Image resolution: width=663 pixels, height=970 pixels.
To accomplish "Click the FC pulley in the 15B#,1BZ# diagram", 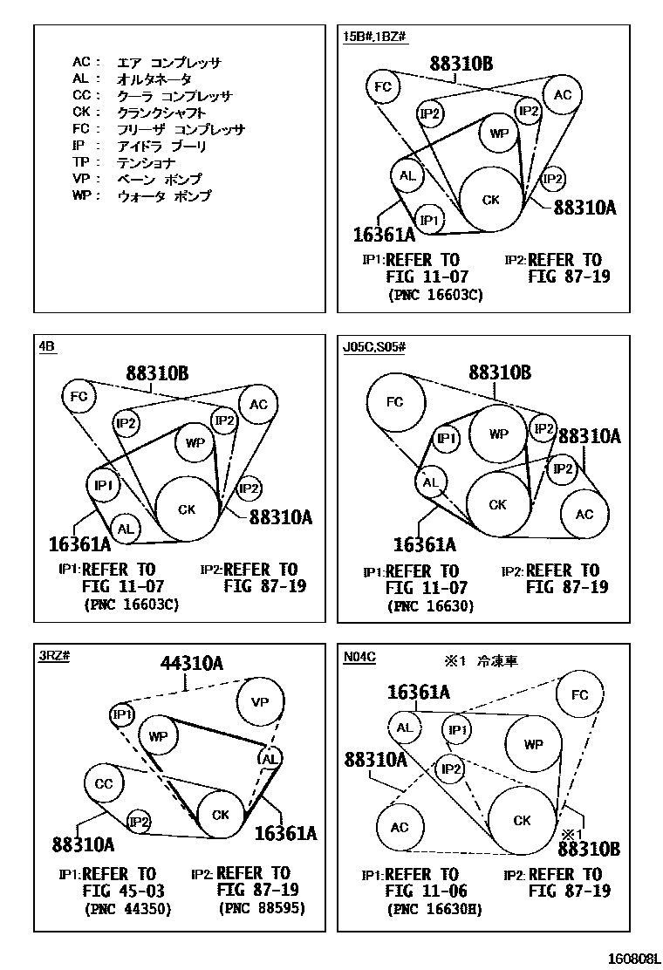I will click(382, 85).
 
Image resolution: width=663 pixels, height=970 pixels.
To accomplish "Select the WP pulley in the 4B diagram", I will click(195, 443).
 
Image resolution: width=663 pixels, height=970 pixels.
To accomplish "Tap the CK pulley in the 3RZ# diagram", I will click(220, 815).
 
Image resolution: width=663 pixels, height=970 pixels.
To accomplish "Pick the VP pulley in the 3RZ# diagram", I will click(260, 702).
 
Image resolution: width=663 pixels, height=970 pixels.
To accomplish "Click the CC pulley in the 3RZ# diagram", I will click(104, 784).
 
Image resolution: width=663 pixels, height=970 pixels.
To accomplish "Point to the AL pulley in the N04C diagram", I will click(404, 727).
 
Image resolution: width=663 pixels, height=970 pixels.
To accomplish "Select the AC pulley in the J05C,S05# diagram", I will click(584, 514).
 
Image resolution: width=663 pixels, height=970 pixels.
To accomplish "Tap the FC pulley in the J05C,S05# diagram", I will click(395, 402).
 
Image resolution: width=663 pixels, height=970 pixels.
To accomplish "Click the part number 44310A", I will click(191, 664).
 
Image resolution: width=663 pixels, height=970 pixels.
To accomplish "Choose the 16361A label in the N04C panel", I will click(419, 693).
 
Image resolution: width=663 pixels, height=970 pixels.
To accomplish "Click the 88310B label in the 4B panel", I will click(155, 372).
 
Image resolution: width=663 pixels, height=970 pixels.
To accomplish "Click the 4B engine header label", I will click(47, 346).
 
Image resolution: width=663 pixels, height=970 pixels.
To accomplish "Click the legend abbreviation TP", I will click(81, 163).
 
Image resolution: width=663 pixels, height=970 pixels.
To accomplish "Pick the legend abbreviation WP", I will click(82, 196).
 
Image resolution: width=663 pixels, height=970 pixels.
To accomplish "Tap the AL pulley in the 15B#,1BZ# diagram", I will click(407, 175).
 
